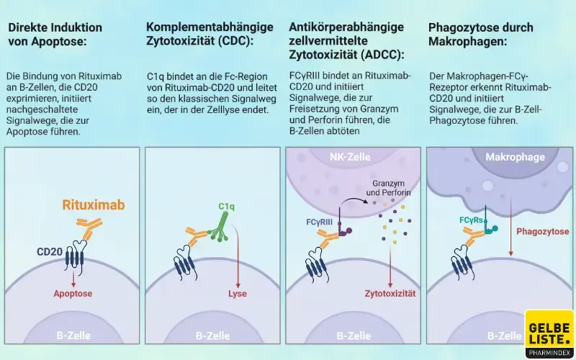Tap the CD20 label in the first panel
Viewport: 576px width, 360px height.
point(50,252)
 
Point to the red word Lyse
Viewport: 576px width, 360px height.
point(238,294)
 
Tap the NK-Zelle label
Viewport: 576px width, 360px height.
point(349,157)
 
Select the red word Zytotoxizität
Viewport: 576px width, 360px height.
point(390,294)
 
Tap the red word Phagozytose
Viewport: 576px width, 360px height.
point(542,232)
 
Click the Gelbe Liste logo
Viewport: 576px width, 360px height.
point(549,333)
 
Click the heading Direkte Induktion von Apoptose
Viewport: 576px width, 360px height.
point(55,34)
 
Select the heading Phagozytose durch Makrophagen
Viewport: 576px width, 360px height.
point(480,34)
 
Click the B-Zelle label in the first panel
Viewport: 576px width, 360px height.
point(73,336)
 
